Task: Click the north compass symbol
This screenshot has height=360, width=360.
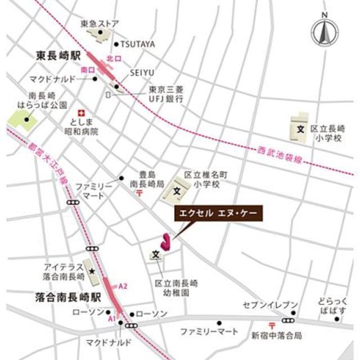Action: pyautogui.click(x=325, y=32)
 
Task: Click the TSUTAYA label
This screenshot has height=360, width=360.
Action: pyautogui.click(x=138, y=44)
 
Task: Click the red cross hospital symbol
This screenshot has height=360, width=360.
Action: pyautogui.click(x=81, y=112)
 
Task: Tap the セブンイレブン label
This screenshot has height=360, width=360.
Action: pyautogui.click(x=270, y=305)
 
